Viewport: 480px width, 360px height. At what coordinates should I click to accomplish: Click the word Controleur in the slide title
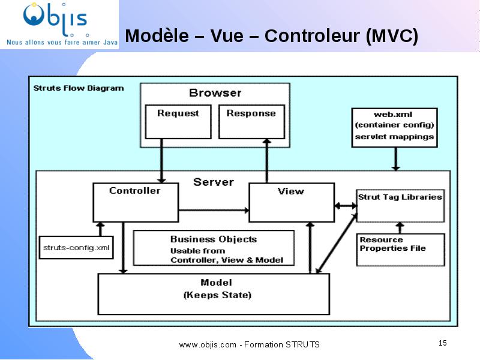(x=312, y=36)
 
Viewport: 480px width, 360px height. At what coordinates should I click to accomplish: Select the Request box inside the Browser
(x=178, y=122)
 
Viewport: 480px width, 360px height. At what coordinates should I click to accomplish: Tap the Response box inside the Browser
(x=251, y=122)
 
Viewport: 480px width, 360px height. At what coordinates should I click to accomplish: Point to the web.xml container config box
(x=394, y=128)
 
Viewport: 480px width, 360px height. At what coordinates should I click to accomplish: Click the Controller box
(x=136, y=202)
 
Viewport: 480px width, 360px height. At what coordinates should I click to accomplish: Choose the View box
(x=292, y=202)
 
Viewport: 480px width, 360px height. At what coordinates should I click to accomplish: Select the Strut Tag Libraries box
(x=400, y=206)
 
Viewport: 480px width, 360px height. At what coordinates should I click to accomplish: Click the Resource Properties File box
(x=400, y=250)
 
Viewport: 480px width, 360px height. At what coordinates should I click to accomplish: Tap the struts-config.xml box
(x=76, y=247)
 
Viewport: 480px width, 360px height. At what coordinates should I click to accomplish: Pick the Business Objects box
(x=214, y=248)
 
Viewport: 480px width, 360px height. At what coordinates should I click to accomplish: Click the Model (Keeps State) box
(x=214, y=294)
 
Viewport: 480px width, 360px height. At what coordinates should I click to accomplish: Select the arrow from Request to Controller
(x=161, y=161)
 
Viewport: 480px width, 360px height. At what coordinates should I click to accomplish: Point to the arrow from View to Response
(x=267, y=161)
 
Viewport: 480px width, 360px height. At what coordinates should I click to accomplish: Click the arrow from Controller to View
(x=214, y=211)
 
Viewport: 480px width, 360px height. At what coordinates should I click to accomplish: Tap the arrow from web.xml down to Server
(x=395, y=159)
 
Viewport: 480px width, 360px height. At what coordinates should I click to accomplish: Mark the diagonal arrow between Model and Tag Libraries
(x=337, y=244)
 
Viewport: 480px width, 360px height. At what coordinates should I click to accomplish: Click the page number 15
(x=443, y=343)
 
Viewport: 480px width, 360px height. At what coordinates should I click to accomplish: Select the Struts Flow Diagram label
(x=79, y=88)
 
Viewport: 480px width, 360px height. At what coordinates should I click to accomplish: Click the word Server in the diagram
(x=214, y=182)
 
